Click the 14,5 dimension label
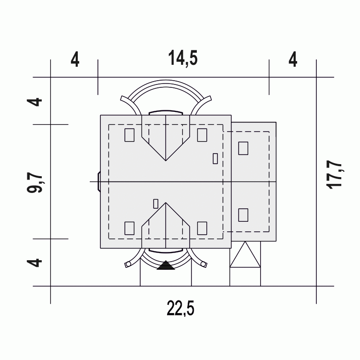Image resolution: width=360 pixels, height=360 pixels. pyautogui.click(x=183, y=58)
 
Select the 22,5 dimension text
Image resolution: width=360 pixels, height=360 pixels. pyautogui.click(x=180, y=308)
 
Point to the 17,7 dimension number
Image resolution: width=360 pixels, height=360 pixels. pyautogui.click(x=334, y=175)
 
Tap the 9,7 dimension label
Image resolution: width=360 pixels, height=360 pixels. pyautogui.click(x=35, y=183)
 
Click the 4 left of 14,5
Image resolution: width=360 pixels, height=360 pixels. pyautogui.click(x=75, y=60)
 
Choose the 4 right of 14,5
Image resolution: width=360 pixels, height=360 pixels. pyautogui.click(x=293, y=60)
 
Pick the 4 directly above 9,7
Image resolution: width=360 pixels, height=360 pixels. pyautogui.click(x=35, y=102)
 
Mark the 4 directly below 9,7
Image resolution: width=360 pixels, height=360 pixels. pyautogui.click(x=35, y=263)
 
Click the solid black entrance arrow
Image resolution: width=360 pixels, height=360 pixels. pyautogui.click(x=166, y=265)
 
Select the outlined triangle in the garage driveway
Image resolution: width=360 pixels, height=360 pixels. pyautogui.click(x=245, y=254)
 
